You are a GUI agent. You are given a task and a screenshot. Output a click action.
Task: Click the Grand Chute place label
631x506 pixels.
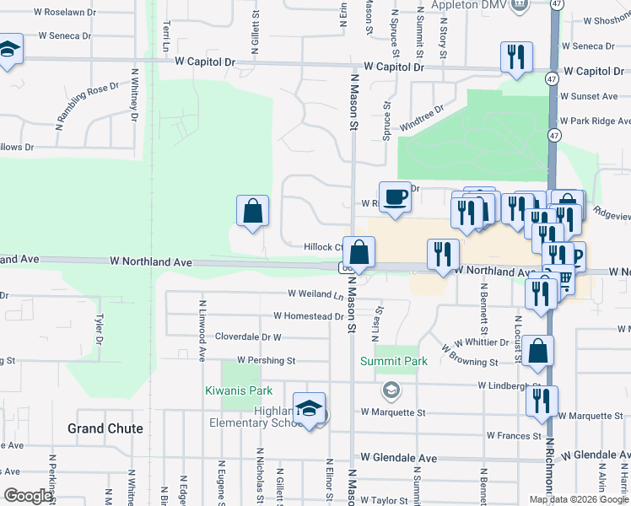[x=105, y=428]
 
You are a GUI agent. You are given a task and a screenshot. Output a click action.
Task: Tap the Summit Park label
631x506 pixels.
[x=394, y=361]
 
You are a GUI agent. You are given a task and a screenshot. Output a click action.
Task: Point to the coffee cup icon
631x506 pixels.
[x=395, y=197]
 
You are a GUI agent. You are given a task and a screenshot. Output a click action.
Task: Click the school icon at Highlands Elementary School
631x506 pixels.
[x=310, y=409]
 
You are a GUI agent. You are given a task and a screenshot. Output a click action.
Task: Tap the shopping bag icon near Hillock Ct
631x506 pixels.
[x=359, y=251]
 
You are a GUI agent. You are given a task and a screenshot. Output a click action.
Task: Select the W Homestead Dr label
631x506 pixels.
[x=309, y=316]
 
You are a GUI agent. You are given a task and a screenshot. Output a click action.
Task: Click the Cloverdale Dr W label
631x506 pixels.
[x=247, y=336]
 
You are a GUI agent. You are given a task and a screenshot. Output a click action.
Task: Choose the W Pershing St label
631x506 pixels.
[x=266, y=360]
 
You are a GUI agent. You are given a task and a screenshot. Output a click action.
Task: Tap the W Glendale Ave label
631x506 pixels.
[x=399, y=456]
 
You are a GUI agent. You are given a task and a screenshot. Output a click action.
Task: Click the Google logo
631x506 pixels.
[x=28, y=495]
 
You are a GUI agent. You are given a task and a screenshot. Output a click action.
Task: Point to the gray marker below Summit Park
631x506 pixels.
[x=391, y=390]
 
